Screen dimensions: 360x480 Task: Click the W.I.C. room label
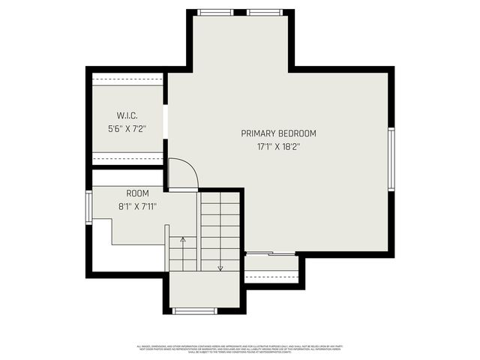pos(127,115)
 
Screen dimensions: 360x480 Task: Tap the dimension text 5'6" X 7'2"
pos(127,129)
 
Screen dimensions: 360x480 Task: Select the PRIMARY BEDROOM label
pos(278,133)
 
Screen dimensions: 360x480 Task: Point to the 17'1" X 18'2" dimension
pos(278,147)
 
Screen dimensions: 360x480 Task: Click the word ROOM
pos(137,193)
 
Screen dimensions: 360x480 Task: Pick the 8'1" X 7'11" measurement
pos(137,207)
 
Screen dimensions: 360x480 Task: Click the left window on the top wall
pos(215,12)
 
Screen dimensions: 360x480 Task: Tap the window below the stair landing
pos(194,310)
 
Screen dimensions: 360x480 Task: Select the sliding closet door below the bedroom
pos(271,254)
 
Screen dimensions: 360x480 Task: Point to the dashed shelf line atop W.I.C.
pos(127,79)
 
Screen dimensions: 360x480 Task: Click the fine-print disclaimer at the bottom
pos(240,349)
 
